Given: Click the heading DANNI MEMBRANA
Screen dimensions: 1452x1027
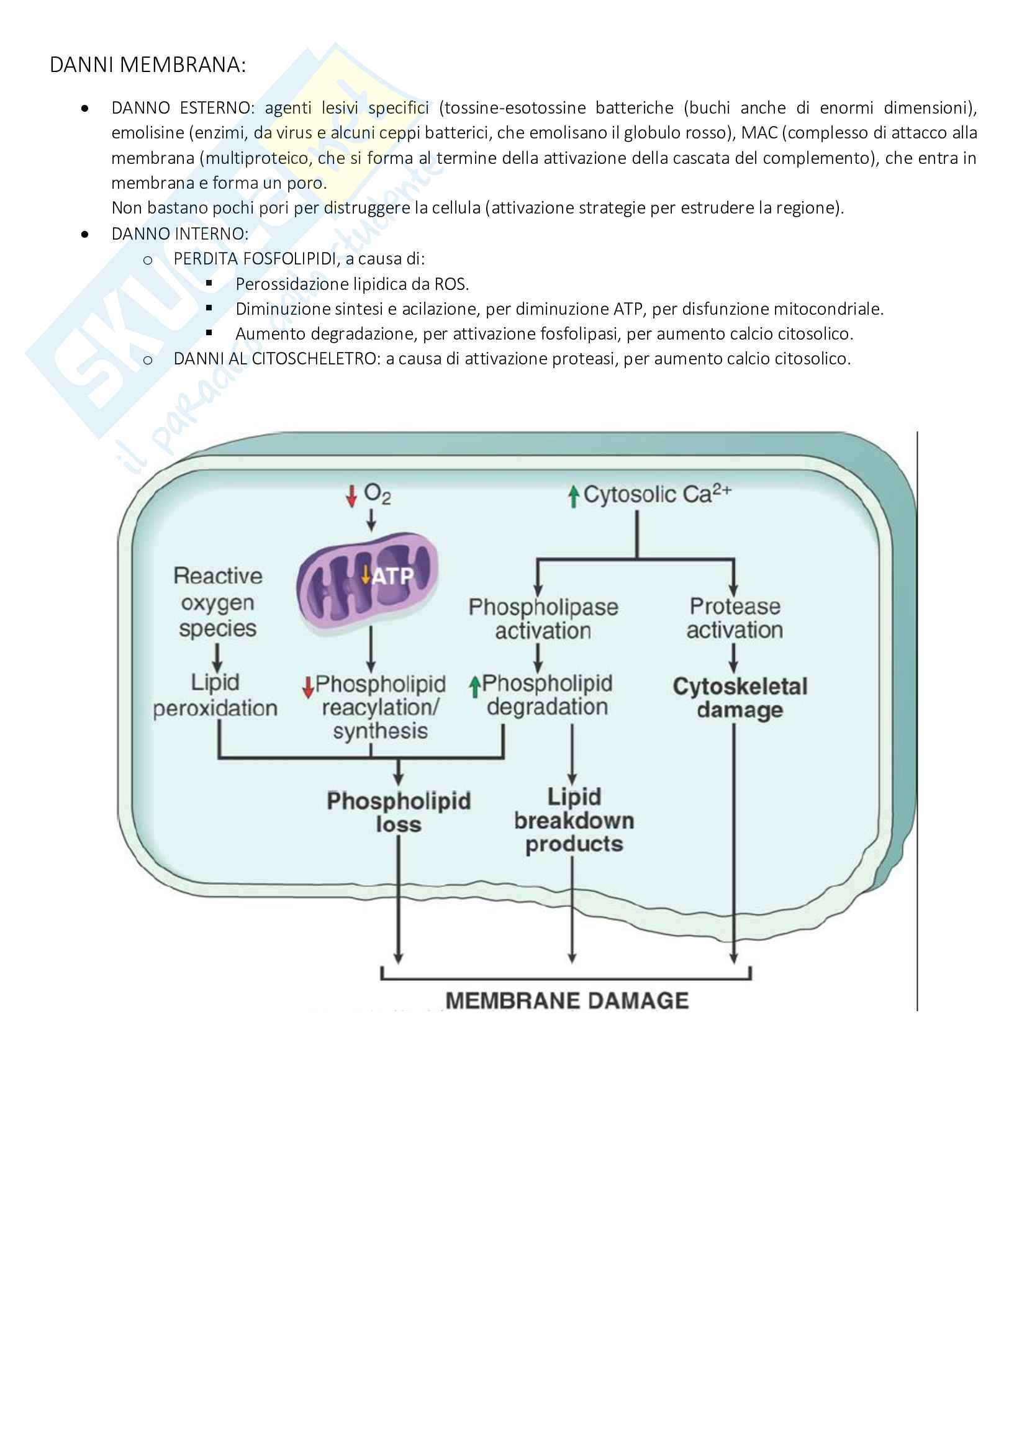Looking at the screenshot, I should pos(147,65).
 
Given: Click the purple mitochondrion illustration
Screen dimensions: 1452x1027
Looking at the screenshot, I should pos(368,582).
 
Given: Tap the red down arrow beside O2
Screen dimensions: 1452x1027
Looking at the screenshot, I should pos(351,495).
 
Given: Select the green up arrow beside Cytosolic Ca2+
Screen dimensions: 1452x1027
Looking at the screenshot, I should pos(573,496).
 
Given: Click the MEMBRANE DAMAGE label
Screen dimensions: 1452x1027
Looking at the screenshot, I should pos(567,1001).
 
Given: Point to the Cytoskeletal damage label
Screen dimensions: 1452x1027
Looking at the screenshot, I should pos(740,698).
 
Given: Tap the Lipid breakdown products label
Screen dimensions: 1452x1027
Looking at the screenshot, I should pos(574,820).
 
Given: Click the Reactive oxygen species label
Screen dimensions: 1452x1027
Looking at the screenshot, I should pos(217,602).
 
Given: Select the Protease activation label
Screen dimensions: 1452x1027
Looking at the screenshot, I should pos(735,618).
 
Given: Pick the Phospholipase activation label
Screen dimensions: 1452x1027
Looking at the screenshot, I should pos(543,618).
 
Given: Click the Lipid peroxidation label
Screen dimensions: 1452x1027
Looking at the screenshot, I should pos(215,696).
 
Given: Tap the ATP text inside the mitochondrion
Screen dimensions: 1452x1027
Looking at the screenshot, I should pos(392,576).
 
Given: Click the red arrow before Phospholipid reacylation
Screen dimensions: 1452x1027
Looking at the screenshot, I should pos(308,687).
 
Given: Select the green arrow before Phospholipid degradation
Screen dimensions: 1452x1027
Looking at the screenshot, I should pos(474,686).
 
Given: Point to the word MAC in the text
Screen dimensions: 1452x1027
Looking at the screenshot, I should pos(759,133).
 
